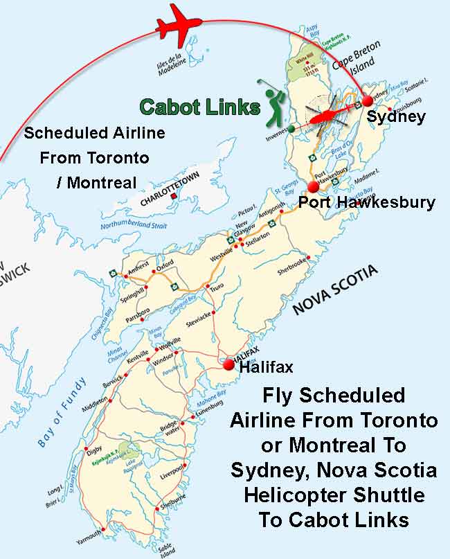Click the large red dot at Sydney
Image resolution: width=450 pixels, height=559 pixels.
coord(367,101)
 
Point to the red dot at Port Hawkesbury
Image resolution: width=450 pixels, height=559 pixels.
coord(314,186)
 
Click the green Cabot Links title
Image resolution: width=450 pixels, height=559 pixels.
coord(199,107)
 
